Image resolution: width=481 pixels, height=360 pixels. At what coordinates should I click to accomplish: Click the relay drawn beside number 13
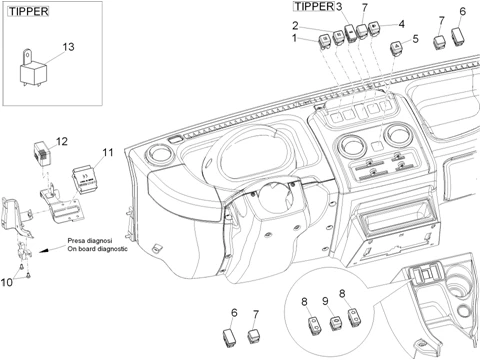click(33, 70)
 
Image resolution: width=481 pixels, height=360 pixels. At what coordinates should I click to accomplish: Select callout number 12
click(61, 142)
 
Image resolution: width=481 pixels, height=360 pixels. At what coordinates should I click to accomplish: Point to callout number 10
click(6, 282)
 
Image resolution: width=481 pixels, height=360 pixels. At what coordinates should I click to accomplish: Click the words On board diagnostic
click(97, 249)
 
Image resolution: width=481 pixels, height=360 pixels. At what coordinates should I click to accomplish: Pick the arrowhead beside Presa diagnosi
click(43, 251)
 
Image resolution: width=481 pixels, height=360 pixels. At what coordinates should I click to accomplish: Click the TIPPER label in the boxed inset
click(28, 11)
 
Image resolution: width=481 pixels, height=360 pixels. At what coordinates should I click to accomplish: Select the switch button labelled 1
click(324, 41)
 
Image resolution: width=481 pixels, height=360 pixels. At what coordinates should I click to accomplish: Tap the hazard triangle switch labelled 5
click(396, 47)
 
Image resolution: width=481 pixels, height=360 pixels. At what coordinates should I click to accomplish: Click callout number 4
click(401, 24)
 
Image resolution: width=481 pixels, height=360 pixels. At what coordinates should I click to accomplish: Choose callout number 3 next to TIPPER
click(339, 6)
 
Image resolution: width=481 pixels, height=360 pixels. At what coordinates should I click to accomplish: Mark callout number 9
click(325, 301)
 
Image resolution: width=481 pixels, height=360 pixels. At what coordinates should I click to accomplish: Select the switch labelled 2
click(338, 37)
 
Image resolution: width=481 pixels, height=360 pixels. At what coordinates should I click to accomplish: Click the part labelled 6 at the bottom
click(230, 338)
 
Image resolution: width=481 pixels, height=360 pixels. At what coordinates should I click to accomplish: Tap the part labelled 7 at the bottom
click(254, 336)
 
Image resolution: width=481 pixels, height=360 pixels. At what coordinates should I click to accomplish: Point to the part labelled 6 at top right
click(459, 36)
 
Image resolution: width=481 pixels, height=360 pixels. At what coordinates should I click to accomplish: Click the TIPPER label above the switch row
click(314, 6)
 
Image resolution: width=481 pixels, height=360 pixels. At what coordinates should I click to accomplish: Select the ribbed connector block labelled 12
click(42, 153)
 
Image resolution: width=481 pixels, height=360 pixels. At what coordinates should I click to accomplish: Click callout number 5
click(415, 39)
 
